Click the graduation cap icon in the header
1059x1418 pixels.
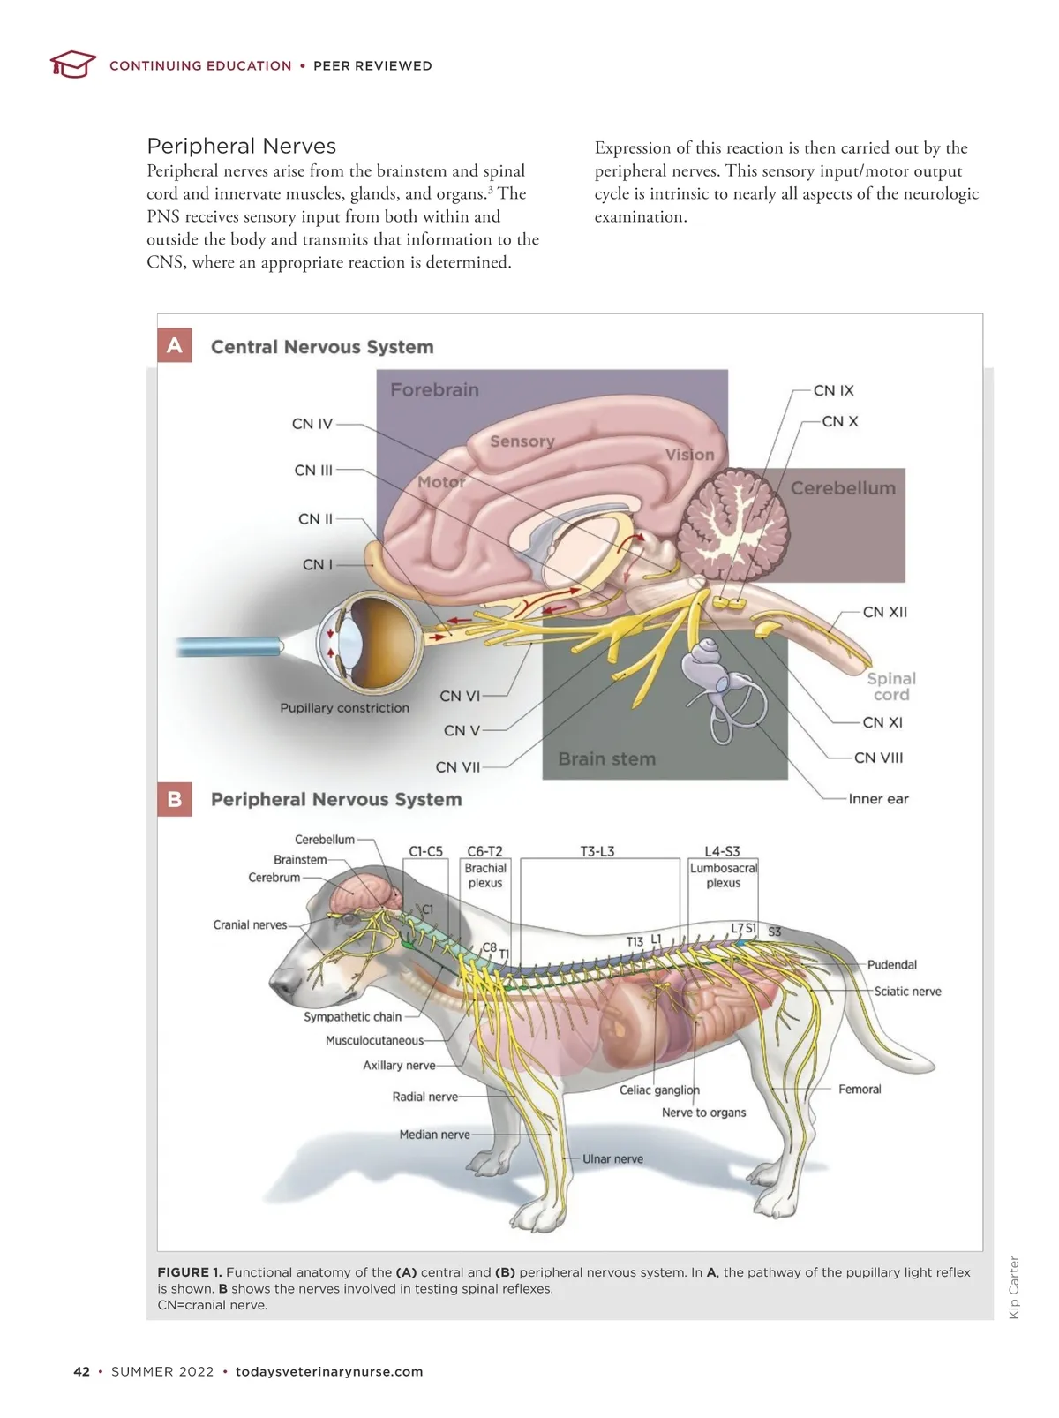coord(72,64)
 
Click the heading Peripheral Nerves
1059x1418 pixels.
coord(241,146)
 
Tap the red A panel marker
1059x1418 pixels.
coord(175,345)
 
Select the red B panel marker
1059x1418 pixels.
coord(175,799)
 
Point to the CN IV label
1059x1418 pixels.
coord(312,424)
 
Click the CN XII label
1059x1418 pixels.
coord(884,612)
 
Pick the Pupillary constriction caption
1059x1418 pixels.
coord(344,708)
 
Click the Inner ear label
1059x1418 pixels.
coord(878,799)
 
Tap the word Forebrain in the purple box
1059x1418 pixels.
coord(434,389)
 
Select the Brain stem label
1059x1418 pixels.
coord(606,758)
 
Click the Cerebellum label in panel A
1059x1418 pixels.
coord(843,488)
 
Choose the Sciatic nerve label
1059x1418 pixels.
coord(907,992)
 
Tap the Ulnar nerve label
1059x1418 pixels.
coord(612,1159)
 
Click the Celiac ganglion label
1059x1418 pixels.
coord(659,1090)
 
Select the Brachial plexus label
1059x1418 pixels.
coord(485,875)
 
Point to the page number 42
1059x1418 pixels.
coord(82,1371)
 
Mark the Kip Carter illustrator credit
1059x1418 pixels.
coord(1014,1287)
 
